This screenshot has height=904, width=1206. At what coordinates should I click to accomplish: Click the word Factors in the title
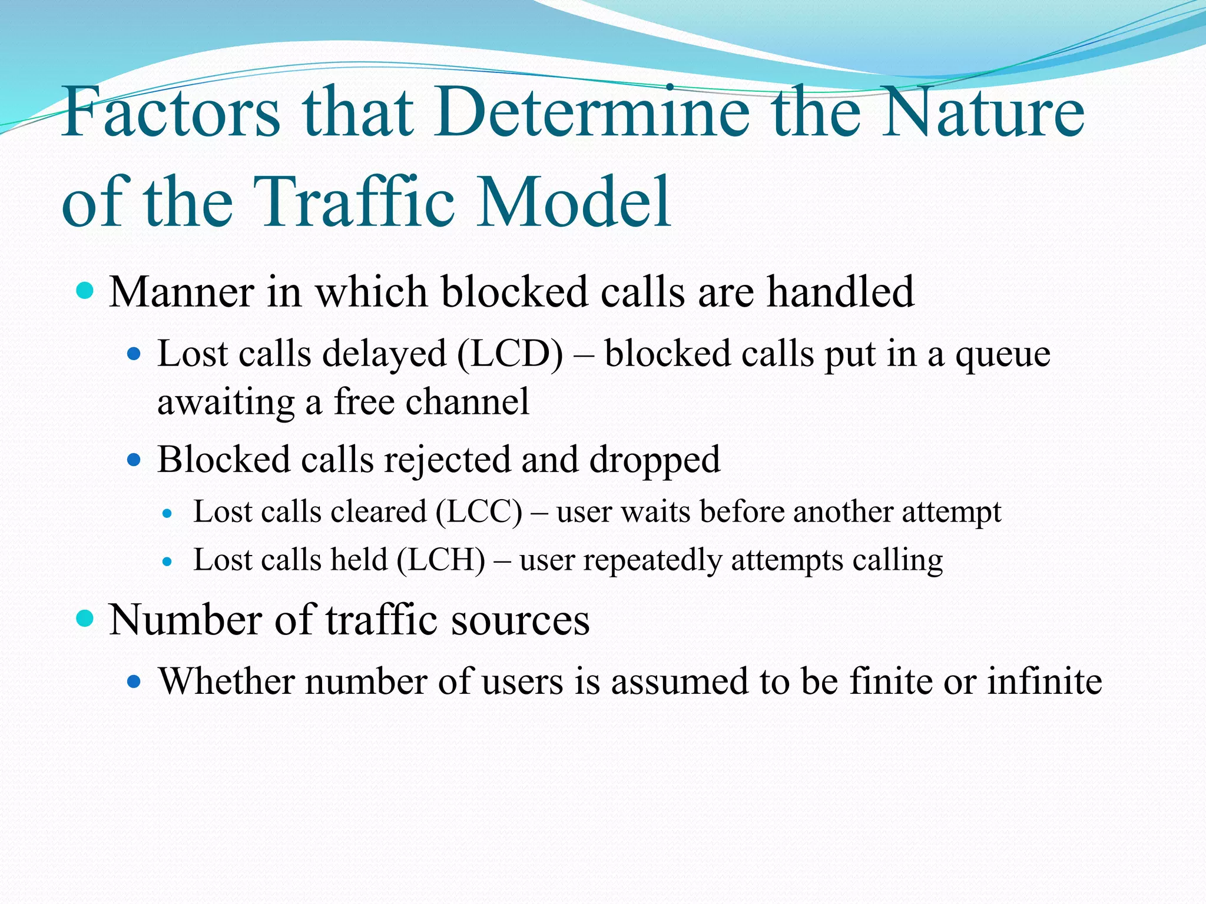click(171, 112)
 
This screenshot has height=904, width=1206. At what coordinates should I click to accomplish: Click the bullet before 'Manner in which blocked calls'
click(85, 291)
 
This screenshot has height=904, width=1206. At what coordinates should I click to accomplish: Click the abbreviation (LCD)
click(509, 354)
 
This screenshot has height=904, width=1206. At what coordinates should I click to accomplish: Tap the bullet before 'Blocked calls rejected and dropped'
click(134, 459)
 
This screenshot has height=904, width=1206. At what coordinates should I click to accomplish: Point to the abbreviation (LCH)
click(441, 560)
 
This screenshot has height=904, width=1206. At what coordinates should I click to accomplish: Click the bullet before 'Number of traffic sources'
click(85, 619)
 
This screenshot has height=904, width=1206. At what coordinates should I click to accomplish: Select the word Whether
click(227, 682)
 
